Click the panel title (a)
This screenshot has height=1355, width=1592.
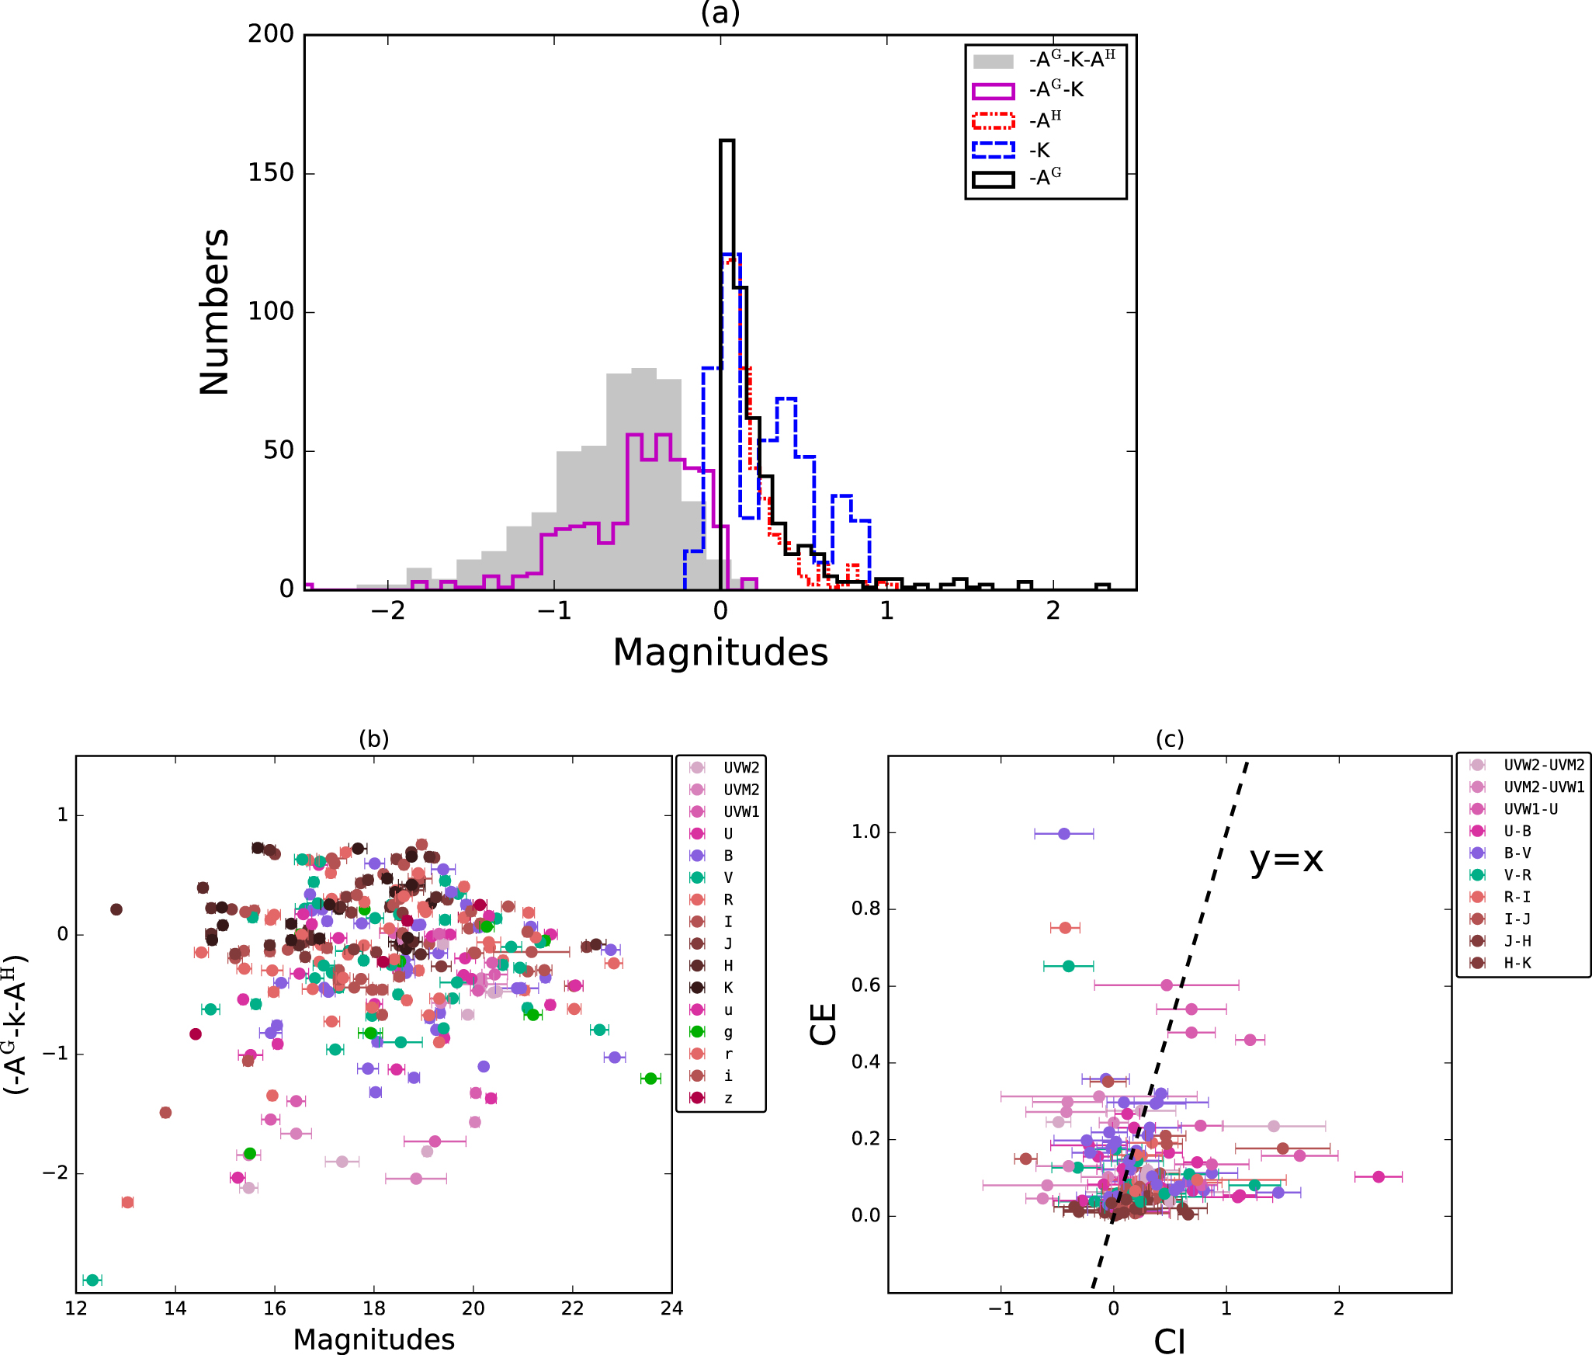coord(720,13)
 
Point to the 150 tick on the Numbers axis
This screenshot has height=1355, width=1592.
coord(271,173)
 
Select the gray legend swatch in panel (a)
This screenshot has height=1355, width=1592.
coord(993,61)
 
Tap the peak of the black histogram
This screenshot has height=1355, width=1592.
coord(727,141)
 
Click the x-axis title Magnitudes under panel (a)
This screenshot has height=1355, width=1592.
coord(720,652)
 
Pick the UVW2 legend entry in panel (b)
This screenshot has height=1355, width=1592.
coord(723,768)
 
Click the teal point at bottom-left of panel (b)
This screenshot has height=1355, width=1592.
coord(92,1280)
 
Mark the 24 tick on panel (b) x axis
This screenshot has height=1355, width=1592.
coord(671,1308)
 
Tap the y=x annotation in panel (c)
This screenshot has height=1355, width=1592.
coord(1286,860)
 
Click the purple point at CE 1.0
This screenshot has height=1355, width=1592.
coord(1064,834)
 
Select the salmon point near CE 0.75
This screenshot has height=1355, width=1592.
coord(1065,928)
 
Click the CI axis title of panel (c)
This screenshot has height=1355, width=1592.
coord(1169,1341)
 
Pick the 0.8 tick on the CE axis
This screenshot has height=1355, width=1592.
coord(865,909)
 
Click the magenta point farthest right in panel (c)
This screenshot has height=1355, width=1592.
coord(1379,1177)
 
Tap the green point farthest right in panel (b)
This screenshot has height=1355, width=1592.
coord(650,1079)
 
